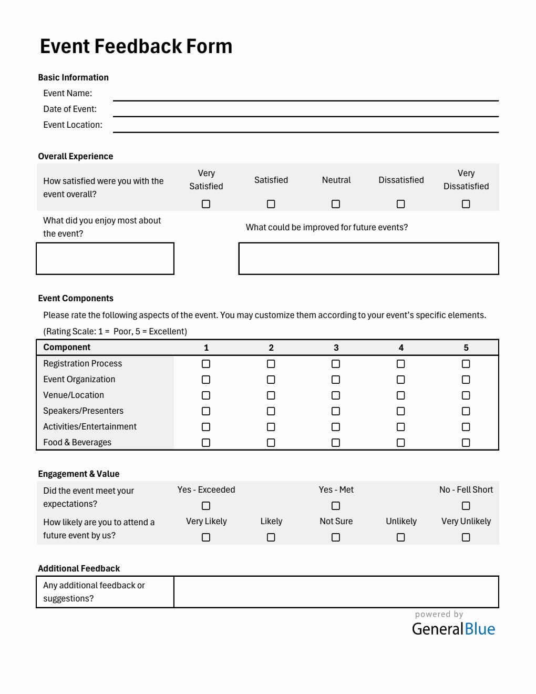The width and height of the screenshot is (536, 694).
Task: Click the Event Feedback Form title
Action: click(136, 46)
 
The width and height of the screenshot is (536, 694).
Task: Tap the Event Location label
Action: click(73, 125)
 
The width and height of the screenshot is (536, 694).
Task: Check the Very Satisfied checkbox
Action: click(206, 204)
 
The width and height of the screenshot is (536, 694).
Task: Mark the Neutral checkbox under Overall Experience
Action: click(336, 204)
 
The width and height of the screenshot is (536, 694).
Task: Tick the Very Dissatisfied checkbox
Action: click(466, 204)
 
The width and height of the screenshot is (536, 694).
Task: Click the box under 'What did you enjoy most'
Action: click(105, 259)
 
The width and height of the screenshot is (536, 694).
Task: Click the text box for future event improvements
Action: click(368, 259)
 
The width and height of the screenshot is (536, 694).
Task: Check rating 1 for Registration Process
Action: click(206, 364)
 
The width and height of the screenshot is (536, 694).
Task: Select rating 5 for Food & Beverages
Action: click(466, 443)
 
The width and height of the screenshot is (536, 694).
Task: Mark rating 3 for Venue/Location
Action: click(336, 395)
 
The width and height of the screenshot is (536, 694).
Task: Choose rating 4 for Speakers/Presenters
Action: click(401, 411)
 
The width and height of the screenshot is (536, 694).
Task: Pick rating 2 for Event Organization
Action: click(271, 380)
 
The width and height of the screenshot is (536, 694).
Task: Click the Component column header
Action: click(67, 348)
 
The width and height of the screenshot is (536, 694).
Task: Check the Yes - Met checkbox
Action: click(336, 506)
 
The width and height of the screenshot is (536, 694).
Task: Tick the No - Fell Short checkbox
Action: click(466, 506)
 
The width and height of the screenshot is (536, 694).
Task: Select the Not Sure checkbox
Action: click(336, 537)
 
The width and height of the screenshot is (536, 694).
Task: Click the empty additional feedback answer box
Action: click(336, 592)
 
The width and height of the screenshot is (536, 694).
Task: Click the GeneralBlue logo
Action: click(453, 629)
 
